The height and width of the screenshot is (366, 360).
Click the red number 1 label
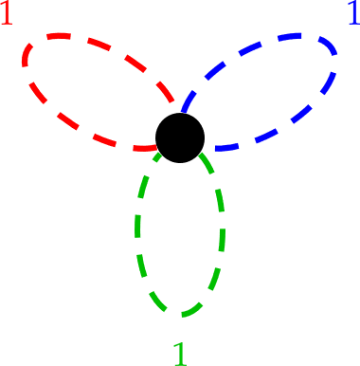[8, 14]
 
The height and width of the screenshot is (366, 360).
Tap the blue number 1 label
[352, 14]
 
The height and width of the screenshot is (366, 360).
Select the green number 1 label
[180, 353]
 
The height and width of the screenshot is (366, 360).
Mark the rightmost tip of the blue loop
[335, 59]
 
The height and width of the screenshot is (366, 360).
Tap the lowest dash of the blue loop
[227, 148]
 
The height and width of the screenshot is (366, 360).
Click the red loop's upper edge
[104, 47]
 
